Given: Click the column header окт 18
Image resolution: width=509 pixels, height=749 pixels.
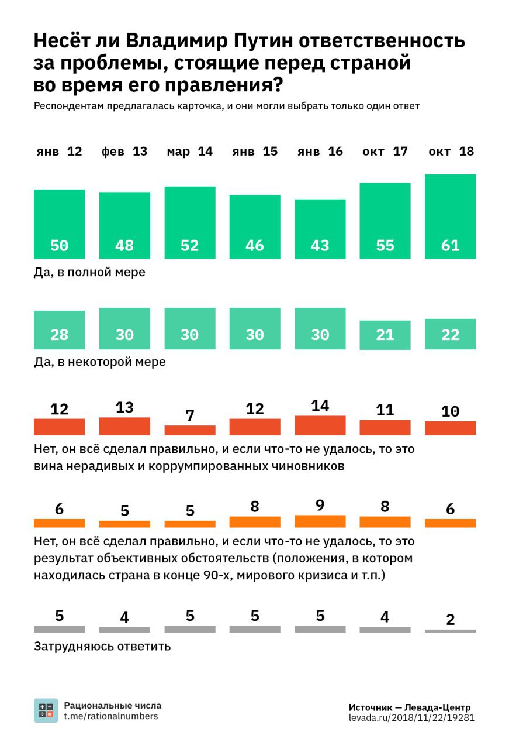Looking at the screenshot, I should tap(450, 152).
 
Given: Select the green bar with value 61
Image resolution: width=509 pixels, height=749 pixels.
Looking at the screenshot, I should tap(450, 217).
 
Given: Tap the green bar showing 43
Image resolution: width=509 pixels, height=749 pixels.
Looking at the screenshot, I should tap(320, 229).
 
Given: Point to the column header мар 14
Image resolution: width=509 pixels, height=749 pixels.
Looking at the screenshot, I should tap(189, 152).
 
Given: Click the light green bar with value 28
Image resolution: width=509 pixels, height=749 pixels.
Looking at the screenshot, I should tap(59, 329).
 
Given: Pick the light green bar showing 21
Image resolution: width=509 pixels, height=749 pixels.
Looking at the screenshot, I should tap(385, 335).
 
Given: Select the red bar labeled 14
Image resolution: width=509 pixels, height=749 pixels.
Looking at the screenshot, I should tap(320, 425).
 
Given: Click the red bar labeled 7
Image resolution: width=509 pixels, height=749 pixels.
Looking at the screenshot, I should tap(189, 430).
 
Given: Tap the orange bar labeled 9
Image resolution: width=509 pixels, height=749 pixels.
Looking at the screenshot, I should tap(320, 521).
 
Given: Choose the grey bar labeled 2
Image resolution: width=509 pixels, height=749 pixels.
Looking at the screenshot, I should tap(450, 631).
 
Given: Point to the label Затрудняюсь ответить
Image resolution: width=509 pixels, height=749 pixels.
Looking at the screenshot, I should tap(102, 647).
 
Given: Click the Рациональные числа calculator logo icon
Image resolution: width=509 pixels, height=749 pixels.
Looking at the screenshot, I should tap(46, 710).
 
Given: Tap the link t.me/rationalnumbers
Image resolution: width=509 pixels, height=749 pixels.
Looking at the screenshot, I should tap(111, 716).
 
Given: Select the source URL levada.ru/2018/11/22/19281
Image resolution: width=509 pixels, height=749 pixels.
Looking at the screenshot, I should tap(411, 717).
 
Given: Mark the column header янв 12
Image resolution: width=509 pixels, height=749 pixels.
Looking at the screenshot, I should tap(59, 152).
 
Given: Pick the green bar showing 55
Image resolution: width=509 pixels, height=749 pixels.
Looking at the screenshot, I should tap(385, 221).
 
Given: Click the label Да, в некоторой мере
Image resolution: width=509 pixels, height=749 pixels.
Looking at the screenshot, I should tap(100, 362).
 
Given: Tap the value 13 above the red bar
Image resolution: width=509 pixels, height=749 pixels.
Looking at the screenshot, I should tap(124, 407).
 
